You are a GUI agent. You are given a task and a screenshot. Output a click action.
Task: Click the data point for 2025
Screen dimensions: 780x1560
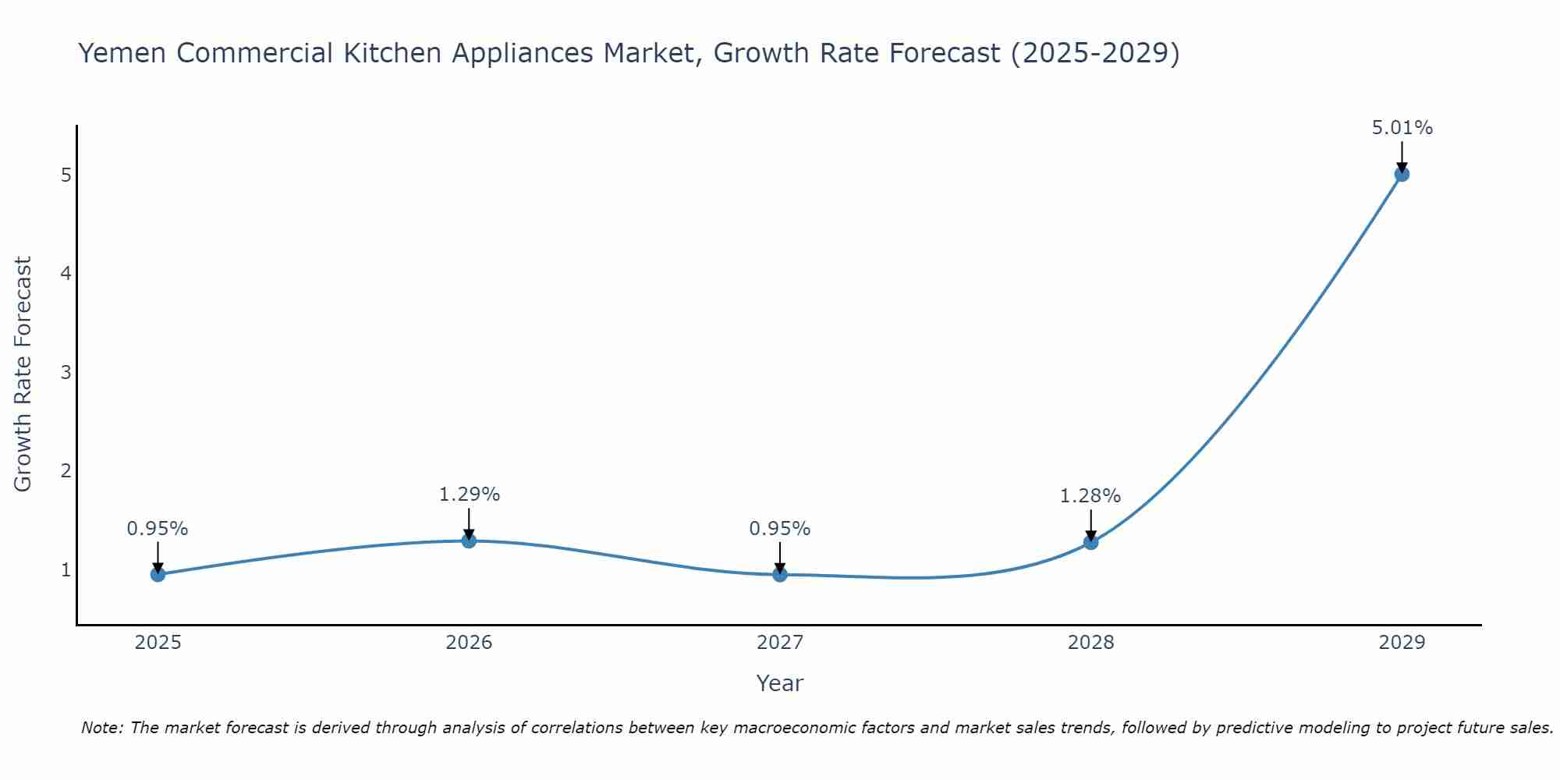158,575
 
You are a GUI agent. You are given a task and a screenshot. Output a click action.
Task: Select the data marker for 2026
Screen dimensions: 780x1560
469,541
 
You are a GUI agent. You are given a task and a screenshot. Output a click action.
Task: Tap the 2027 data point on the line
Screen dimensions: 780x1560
780,575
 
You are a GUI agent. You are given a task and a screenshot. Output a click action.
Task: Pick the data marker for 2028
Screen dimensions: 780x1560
1090,542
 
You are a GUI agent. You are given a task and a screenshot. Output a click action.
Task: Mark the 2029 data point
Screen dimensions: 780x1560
1402,174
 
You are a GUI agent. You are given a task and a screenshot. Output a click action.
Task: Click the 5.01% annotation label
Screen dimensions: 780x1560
1402,128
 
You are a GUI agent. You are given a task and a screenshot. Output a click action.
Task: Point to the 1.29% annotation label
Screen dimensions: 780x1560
469,495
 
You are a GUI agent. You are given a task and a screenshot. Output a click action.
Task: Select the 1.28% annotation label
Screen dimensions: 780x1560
1090,496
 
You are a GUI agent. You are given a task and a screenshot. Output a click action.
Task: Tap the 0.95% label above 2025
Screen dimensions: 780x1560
158,529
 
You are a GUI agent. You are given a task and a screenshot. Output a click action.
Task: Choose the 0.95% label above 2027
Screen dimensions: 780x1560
779,529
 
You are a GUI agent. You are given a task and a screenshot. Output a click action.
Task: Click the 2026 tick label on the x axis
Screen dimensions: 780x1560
469,643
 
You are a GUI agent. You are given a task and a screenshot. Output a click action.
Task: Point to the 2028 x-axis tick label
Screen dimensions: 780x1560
1090,643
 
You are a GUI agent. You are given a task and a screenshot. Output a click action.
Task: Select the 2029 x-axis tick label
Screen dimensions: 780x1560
1402,643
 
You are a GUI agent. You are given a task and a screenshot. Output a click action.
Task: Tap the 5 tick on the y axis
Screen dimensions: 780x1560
66,175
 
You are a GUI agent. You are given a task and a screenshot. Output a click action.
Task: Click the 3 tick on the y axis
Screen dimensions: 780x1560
66,372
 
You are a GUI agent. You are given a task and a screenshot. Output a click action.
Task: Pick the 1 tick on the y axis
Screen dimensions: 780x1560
66,570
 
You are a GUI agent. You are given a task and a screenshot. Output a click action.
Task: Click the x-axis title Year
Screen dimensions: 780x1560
779,683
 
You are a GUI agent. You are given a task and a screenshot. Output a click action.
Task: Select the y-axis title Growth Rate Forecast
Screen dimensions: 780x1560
23,374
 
